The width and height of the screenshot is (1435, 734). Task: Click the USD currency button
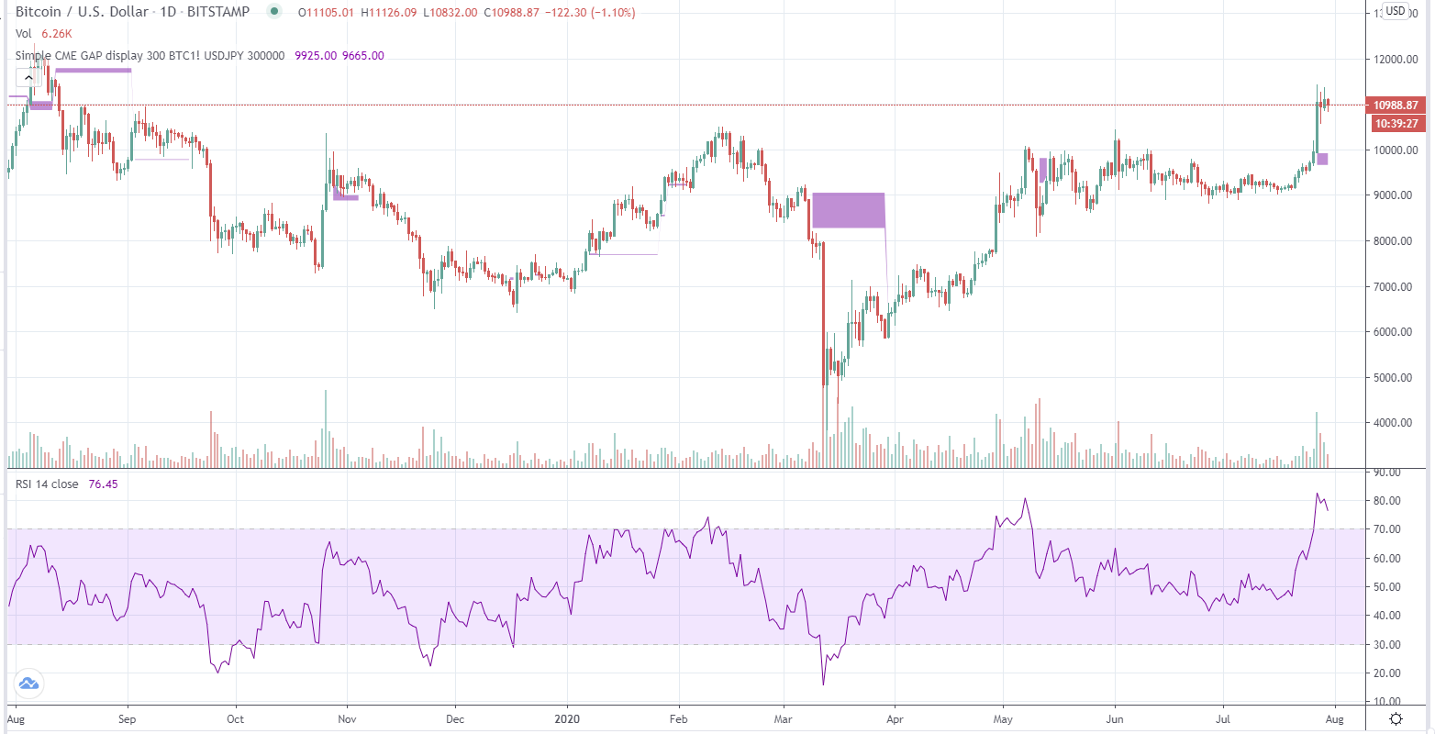pyautogui.click(x=1395, y=11)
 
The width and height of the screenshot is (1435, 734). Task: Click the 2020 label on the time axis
pyautogui.click(x=568, y=719)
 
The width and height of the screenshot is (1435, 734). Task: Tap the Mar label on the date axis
pyautogui.click(x=784, y=719)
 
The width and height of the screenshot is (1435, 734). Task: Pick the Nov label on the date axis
pyautogui.click(x=347, y=719)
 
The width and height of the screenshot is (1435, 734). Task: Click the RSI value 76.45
pyautogui.click(x=103, y=484)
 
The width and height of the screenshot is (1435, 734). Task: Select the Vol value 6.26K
pyautogui.click(x=57, y=34)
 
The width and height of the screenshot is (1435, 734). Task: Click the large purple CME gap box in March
pyautogui.click(x=848, y=210)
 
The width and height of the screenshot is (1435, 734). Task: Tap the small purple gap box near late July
pyautogui.click(x=1322, y=159)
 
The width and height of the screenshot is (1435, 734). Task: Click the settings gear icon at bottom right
pyautogui.click(x=1396, y=718)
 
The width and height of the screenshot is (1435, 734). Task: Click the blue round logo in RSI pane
pyautogui.click(x=28, y=683)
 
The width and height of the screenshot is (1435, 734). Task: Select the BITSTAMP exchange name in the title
pyautogui.click(x=218, y=12)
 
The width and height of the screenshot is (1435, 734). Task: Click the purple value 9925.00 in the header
pyautogui.click(x=314, y=56)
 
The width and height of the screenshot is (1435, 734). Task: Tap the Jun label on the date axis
pyautogui.click(x=1115, y=719)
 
